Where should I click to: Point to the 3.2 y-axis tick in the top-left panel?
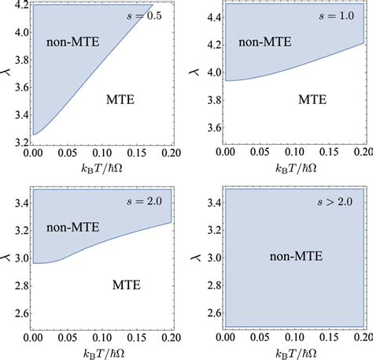(x=14, y=142)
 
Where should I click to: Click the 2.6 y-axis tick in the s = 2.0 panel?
(x=14, y=313)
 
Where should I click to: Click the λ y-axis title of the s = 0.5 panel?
(x=6, y=75)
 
